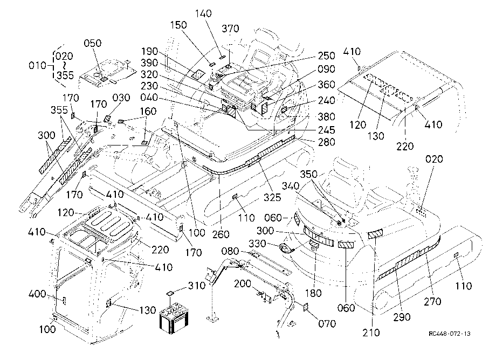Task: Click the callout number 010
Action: (37, 65)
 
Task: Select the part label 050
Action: (92, 43)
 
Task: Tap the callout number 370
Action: (230, 29)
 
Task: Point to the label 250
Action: (326, 56)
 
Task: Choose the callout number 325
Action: (272, 197)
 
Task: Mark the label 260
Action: (221, 234)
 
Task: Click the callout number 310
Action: (197, 286)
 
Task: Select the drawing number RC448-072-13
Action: (450, 334)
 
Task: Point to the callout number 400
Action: (37, 294)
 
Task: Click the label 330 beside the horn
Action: (257, 244)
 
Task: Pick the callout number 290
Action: (402, 317)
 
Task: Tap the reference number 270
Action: (432, 301)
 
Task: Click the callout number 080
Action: (230, 251)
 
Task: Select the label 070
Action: (327, 323)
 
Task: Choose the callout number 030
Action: (121, 98)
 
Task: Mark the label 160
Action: (148, 111)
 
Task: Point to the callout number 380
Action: (326, 116)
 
